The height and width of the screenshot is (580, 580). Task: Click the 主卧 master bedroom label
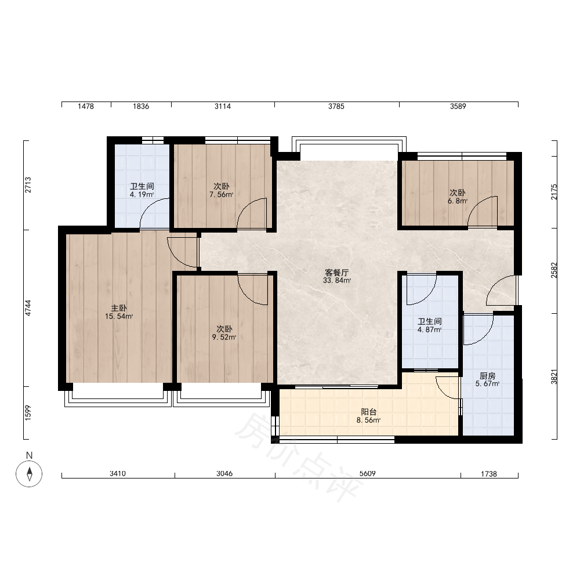pyautogui.click(x=119, y=308)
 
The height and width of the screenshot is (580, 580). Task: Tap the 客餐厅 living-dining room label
pyautogui.click(x=336, y=273)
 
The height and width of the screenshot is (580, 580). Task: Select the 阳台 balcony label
pyautogui.click(x=368, y=412)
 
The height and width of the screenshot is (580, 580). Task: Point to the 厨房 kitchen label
pyautogui.click(x=487, y=376)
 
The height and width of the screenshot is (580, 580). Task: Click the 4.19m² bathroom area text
pyautogui.click(x=142, y=194)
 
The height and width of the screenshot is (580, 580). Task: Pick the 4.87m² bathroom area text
pyautogui.click(x=429, y=329)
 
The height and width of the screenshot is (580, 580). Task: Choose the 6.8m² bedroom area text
pyautogui.click(x=458, y=201)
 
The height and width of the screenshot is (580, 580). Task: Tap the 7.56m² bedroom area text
pyautogui.click(x=221, y=194)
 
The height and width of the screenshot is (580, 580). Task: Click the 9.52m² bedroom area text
pyautogui.click(x=224, y=337)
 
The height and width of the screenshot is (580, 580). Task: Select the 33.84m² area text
pyautogui.click(x=336, y=280)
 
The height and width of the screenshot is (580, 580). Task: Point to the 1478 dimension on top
pyautogui.click(x=86, y=107)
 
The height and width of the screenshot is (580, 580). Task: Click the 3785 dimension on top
pyautogui.click(x=336, y=107)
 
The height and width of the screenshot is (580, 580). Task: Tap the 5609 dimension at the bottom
pyautogui.click(x=367, y=473)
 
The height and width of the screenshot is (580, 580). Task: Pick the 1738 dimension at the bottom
pyautogui.click(x=488, y=474)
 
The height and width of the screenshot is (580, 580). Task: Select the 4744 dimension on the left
pyautogui.click(x=28, y=308)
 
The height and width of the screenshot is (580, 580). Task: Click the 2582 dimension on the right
pyautogui.click(x=554, y=270)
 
